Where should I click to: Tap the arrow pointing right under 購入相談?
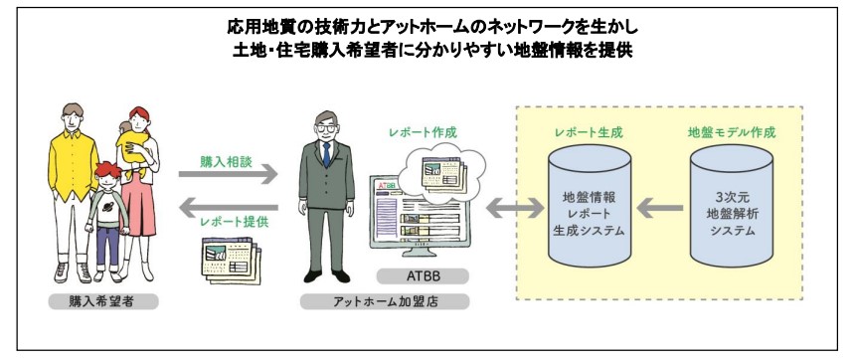pos(228,174)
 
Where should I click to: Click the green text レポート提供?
pos(228,224)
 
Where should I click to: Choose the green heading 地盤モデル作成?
pos(732,131)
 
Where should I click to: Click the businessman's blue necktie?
pos(325,155)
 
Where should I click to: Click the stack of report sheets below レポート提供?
pos(228,259)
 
